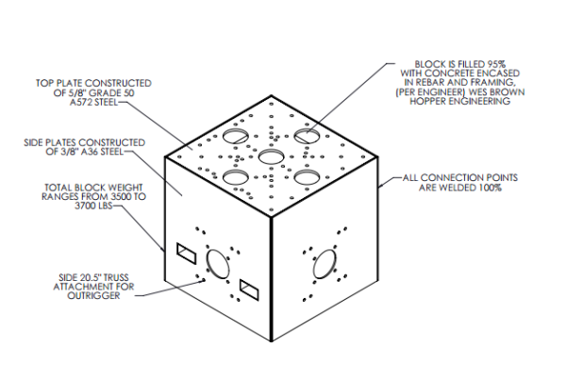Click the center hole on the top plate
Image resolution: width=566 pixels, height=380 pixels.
[x=271, y=157]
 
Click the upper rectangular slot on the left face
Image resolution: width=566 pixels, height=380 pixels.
[x=184, y=251]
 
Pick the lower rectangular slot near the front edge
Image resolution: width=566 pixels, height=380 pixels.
[x=249, y=287]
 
